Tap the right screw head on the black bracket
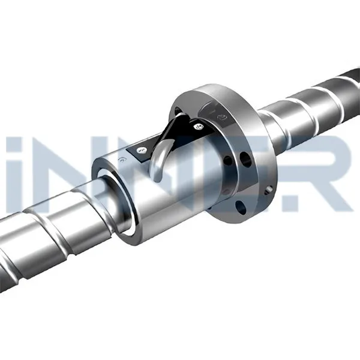[197, 125]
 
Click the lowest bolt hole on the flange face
[241, 207]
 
